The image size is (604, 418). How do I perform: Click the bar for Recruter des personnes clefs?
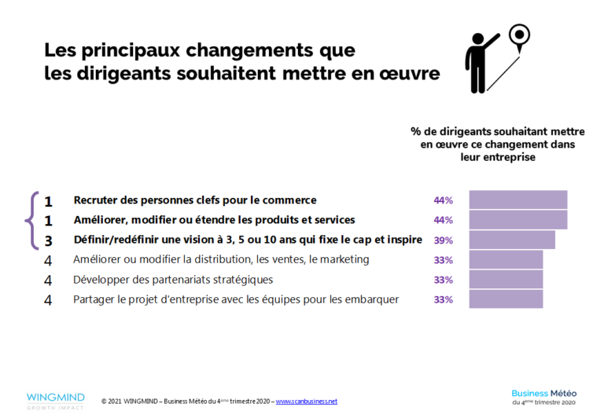click(x=517, y=200)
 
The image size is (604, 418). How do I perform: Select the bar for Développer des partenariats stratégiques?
click(x=506, y=280)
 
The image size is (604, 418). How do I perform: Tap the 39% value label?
click(x=443, y=240)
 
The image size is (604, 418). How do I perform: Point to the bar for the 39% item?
click(x=512, y=240)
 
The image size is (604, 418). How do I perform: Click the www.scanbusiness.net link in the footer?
click(x=306, y=401)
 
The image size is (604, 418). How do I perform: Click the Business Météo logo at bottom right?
click(x=543, y=397)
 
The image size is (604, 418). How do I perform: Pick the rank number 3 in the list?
click(x=48, y=240)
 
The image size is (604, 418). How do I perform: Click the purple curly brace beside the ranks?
click(x=31, y=220)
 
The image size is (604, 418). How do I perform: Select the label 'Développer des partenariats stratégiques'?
click(x=173, y=280)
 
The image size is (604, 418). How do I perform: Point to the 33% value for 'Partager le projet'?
click(x=443, y=299)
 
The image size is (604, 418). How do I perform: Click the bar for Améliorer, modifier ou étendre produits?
click(x=517, y=220)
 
